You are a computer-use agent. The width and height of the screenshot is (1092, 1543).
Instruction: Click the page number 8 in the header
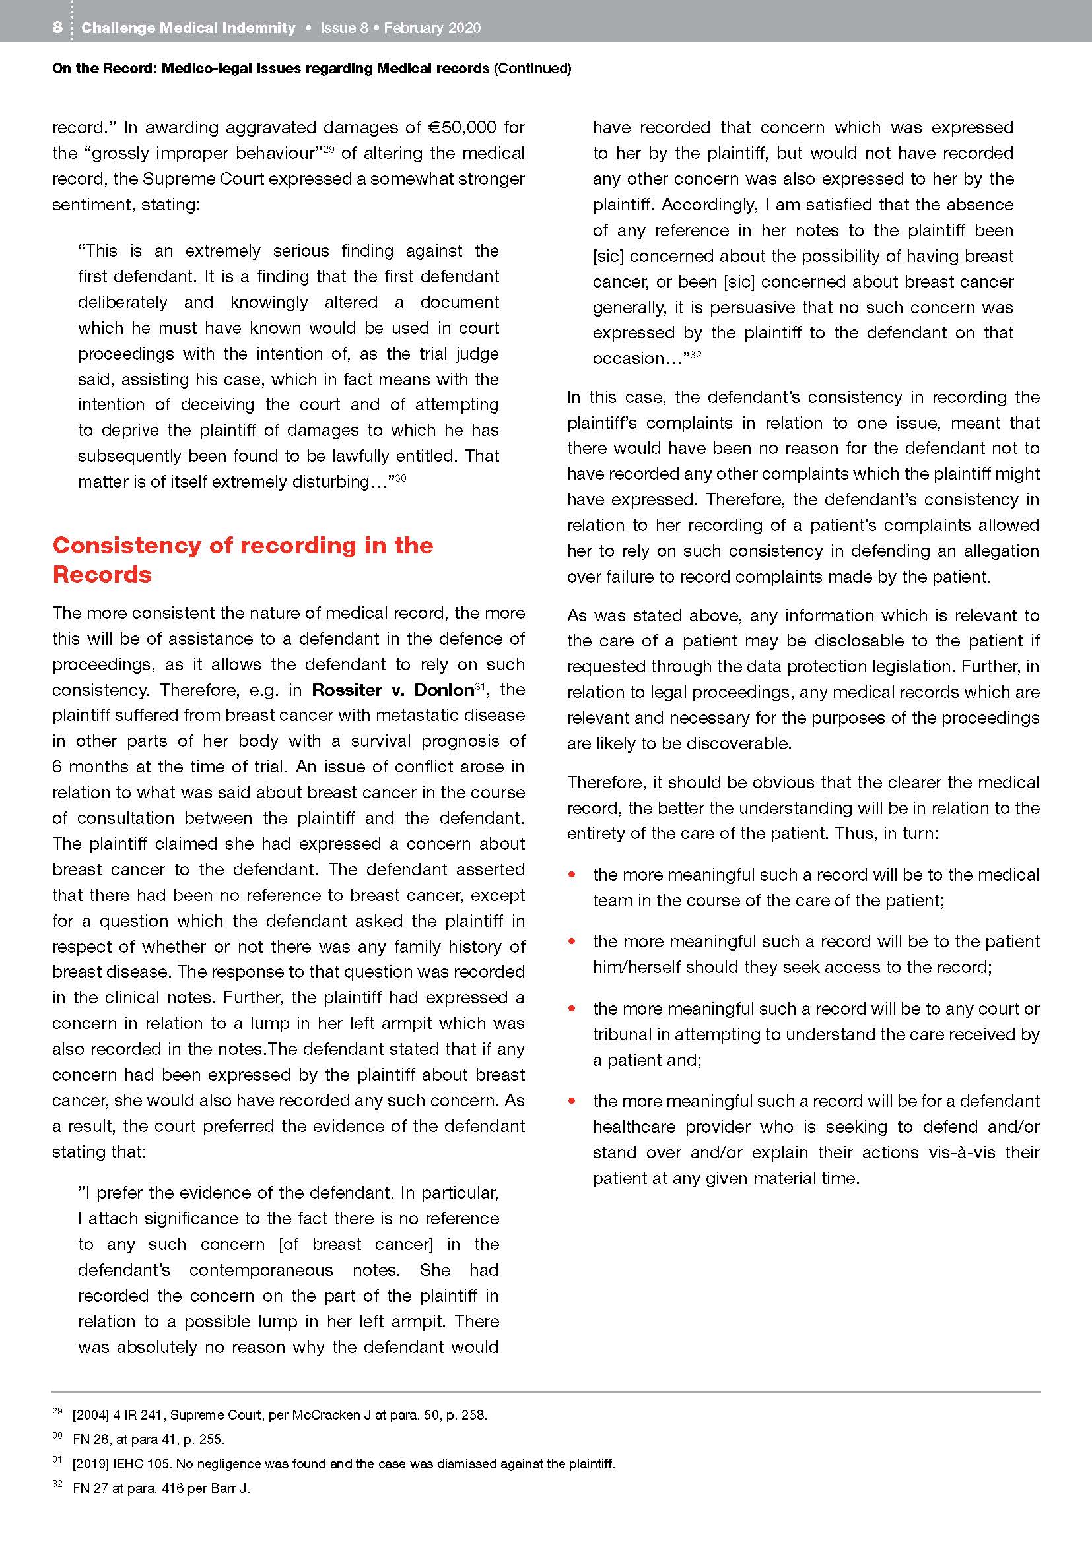tap(57, 28)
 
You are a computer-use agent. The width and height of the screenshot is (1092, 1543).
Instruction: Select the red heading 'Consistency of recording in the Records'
tap(242, 559)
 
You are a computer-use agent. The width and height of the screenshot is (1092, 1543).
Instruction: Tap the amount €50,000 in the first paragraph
tap(462, 128)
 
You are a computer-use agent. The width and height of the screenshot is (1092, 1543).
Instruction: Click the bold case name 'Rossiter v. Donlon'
tap(393, 690)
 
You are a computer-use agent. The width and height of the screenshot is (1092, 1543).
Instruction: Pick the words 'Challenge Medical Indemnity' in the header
tap(188, 28)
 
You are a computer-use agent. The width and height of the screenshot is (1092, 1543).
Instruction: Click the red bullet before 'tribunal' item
tap(572, 1008)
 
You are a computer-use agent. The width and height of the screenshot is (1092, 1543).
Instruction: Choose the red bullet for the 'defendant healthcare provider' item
tap(572, 1101)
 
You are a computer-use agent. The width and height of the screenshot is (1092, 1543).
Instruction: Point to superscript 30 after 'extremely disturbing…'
tap(401, 478)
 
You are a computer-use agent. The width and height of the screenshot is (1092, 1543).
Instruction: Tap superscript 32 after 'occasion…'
tap(696, 354)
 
